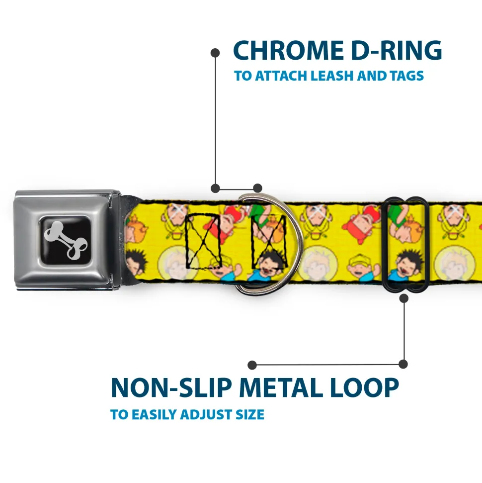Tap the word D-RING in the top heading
[393, 50]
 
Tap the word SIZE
[249, 414]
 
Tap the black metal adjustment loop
[406, 244]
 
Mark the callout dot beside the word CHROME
[215, 52]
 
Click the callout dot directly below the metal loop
[403, 298]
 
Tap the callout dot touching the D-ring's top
[257, 188]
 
